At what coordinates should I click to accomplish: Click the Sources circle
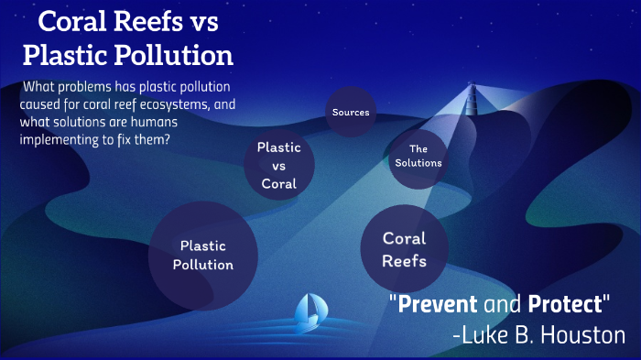(352, 113)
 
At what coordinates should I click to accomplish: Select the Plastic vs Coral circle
(279, 165)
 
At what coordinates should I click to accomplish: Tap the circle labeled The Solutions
(418, 156)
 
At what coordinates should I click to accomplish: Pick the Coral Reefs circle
(404, 248)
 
